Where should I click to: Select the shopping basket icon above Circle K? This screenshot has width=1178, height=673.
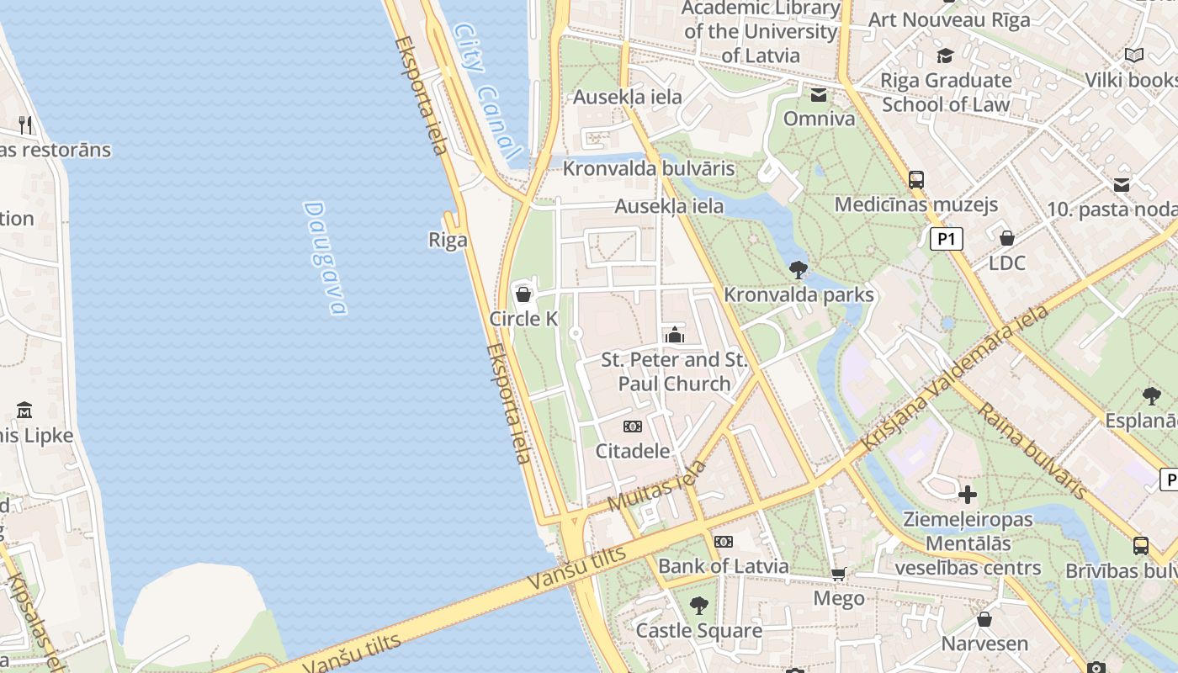pyautogui.click(x=523, y=294)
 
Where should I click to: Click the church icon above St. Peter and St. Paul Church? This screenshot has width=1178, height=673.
pyautogui.click(x=674, y=335)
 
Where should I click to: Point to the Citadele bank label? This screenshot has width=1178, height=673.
pyautogui.click(x=633, y=451)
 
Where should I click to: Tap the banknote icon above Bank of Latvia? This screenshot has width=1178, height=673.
pyautogui.click(x=723, y=541)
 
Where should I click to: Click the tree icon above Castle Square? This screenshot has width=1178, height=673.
pyautogui.click(x=698, y=605)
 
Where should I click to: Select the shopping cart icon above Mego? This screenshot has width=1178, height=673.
pyautogui.click(x=838, y=574)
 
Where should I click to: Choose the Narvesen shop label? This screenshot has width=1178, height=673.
pyautogui.click(x=984, y=644)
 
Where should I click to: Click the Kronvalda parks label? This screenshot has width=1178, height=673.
pyautogui.click(x=799, y=295)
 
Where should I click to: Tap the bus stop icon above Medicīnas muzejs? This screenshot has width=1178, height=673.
pyautogui.click(x=916, y=179)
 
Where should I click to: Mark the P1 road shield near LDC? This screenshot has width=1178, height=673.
pyautogui.click(x=947, y=240)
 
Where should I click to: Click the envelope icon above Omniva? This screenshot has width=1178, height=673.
pyautogui.click(x=819, y=94)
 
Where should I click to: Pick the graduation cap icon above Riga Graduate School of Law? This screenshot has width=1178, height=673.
pyautogui.click(x=946, y=56)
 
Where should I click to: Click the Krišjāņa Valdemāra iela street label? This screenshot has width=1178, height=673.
pyautogui.click(x=955, y=381)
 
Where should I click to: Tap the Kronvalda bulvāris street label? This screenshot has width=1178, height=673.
pyautogui.click(x=649, y=168)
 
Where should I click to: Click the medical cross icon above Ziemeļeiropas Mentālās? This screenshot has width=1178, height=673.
pyautogui.click(x=968, y=494)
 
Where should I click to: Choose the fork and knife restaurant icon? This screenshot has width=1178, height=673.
pyautogui.click(x=25, y=125)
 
